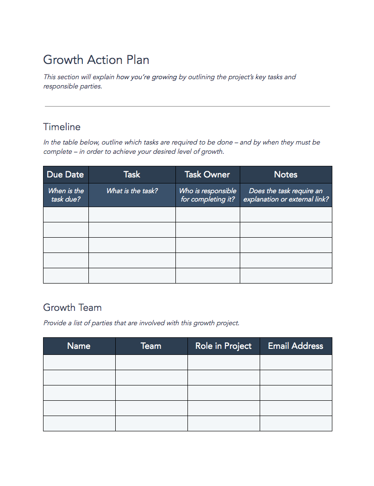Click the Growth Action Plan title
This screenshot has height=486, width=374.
coord(96,60)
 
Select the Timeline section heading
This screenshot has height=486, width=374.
coord(62,127)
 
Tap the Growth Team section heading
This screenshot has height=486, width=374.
coord(72,308)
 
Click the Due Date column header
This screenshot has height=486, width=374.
coord(65,175)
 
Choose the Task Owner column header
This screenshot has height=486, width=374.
coord(207,175)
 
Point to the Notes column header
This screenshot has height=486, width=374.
coord(286,175)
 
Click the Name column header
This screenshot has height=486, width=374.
coord(79,346)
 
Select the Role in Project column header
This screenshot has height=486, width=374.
coord(224,346)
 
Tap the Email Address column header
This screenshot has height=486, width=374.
coord(295,346)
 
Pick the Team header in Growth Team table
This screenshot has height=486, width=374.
coord(151,346)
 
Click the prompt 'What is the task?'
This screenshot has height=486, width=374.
coord(132,191)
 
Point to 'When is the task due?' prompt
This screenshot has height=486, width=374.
coord(66,195)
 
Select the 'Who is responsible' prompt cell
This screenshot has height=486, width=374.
coord(207,195)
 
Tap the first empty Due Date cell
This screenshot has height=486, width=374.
coord(66,215)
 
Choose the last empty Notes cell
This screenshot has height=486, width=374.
coord(286,276)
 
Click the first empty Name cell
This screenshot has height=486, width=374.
coord(79,362)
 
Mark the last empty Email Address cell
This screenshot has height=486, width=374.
coord(296,423)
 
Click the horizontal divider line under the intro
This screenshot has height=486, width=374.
coord(187,107)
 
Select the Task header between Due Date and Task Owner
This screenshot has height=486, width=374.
coord(132,175)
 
